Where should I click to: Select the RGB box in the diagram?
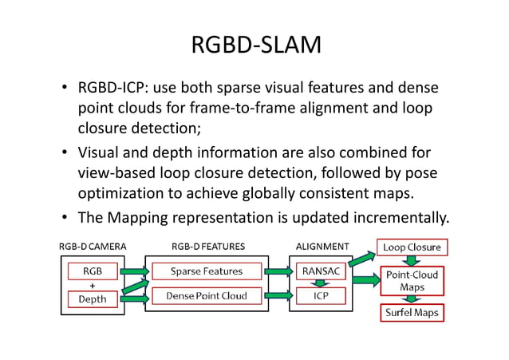click(92, 271)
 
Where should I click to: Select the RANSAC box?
click(319, 271)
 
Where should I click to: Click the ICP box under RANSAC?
click(319, 296)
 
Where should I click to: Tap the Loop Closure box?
click(412, 247)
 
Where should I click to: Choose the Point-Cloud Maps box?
click(412, 280)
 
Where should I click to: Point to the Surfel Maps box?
click(412, 313)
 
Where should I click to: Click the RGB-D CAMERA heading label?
click(93, 247)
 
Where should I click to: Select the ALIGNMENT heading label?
click(322, 247)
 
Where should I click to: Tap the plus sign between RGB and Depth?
click(92, 283)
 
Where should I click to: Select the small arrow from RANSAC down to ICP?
click(319, 283)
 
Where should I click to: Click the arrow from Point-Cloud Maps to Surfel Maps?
click(412, 298)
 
